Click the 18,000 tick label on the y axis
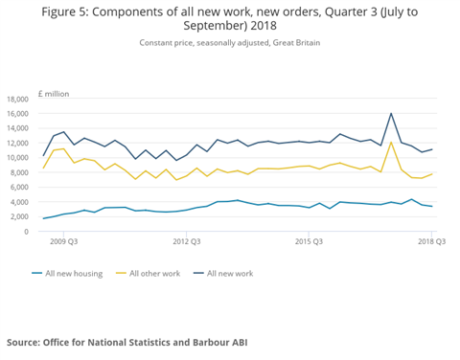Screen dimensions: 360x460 (x=19, y=100)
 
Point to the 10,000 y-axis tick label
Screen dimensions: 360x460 (x=19, y=158)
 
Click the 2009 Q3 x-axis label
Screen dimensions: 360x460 (x=65, y=243)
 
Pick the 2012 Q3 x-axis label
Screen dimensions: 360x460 (x=186, y=243)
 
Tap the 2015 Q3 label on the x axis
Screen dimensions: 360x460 (x=310, y=243)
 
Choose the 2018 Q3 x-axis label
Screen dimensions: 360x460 (x=430, y=243)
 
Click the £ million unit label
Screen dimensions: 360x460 (x=54, y=93)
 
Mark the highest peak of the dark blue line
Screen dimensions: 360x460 (x=391, y=113)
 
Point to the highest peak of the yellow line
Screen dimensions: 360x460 (x=391, y=142)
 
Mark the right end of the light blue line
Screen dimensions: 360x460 (x=432, y=207)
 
